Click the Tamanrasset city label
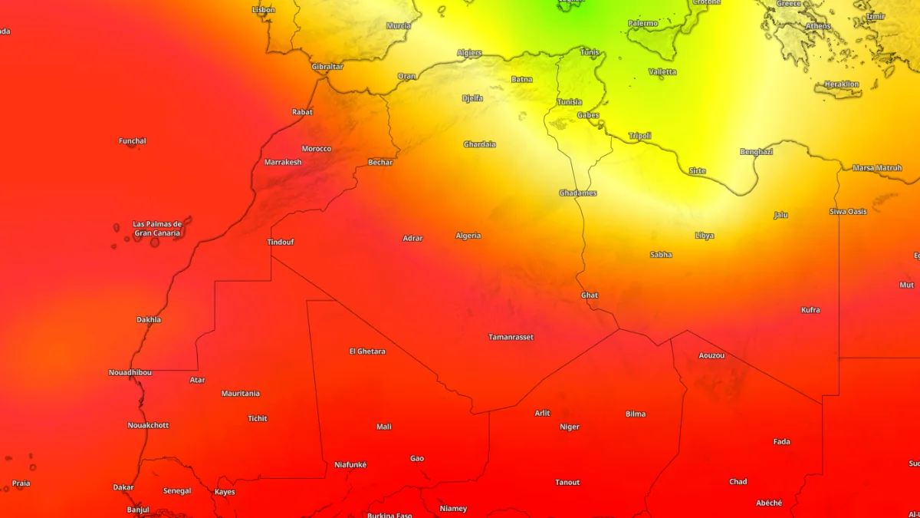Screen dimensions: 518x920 click(511, 337)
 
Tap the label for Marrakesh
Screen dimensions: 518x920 click(283, 162)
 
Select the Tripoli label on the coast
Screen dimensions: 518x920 click(639, 136)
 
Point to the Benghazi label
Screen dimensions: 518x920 click(756, 152)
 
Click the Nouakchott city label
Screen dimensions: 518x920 click(148, 425)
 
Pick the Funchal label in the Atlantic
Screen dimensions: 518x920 click(132, 141)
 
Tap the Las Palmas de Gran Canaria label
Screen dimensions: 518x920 click(156, 229)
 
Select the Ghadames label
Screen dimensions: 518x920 click(577, 193)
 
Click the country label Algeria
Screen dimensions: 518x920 click(468, 236)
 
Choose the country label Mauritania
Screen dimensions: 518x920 click(240, 394)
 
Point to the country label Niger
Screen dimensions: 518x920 click(569, 427)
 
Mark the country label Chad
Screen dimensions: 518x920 click(738, 482)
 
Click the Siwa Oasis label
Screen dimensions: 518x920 click(847, 211)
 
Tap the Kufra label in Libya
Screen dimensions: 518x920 click(810, 310)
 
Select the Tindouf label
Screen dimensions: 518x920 click(280, 243)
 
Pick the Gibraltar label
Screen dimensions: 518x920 click(327, 67)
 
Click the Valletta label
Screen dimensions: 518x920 click(662, 71)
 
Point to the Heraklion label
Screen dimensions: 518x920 click(841, 84)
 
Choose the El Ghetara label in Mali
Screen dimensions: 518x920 click(366, 351)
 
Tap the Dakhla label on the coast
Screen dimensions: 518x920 click(149, 320)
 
